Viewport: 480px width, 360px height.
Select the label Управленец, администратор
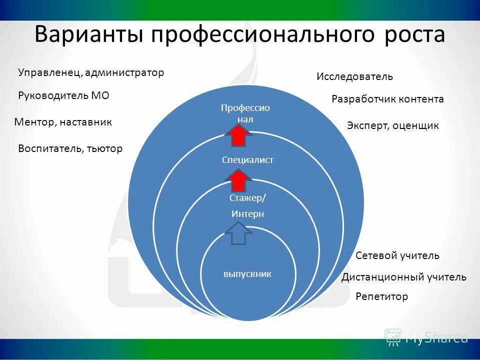[91, 73]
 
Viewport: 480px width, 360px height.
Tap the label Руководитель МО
[63, 95]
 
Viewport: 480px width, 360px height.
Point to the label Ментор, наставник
[63, 122]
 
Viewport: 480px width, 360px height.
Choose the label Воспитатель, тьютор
[70, 148]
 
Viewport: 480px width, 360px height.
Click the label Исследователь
[354, 77]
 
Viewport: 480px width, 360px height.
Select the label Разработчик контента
[387, 99]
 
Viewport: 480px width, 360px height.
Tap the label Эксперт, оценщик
[392, 126]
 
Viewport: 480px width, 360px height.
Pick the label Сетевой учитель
[397, 256]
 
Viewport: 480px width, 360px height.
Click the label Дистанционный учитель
[403, 277]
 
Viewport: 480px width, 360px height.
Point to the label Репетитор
[381, 297]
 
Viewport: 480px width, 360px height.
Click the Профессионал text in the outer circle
[245, 113]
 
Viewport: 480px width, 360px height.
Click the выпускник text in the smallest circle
[247, 274]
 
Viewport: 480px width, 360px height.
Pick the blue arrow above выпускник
[239, 233]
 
